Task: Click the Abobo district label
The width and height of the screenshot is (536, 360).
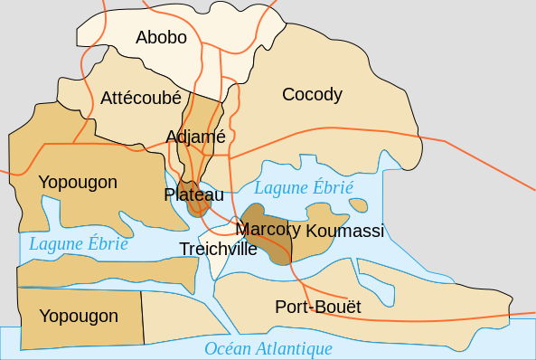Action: pos(161,37)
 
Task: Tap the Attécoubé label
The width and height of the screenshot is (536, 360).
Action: pos(141,97)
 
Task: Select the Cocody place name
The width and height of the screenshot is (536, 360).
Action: pos(312,94)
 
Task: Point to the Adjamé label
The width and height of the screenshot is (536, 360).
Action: pos(195,137)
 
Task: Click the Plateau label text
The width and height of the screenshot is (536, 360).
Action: pos(193,194)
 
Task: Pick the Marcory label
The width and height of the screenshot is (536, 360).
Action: pos(268,229)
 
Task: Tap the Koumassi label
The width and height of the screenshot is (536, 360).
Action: pos(345,232)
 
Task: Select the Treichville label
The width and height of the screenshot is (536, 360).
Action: pos(218,249)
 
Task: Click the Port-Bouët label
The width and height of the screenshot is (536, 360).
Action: pos(318,308)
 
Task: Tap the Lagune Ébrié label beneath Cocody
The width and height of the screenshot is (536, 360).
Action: pos(304,188)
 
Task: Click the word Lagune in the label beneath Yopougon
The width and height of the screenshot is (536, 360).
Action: pos(56,243)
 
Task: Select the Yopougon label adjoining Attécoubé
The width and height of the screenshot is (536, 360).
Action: pos(78,183)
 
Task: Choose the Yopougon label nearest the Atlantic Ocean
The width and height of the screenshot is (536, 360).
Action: pos(79,316)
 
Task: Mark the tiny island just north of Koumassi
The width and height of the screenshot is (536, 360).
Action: pos(358,204)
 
